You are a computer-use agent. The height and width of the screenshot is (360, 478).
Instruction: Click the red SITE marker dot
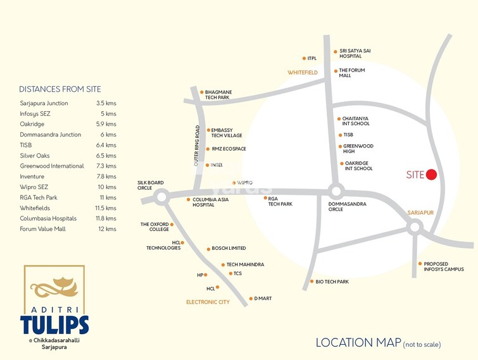(432, 175)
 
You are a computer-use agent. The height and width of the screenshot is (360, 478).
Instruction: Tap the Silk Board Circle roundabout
(161, 197)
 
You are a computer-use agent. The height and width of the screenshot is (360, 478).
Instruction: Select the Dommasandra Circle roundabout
(335, 190)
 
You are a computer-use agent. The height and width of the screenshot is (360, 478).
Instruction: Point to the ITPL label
(311, 58)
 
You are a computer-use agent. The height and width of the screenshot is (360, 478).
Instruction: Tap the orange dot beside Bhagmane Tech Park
(202, 92)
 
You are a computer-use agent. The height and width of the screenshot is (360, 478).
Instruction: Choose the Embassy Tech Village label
(226, 133)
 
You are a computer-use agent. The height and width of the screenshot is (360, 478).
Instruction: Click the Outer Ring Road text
(197, 146)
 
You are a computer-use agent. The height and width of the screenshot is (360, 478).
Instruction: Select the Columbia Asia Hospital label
(208, 202)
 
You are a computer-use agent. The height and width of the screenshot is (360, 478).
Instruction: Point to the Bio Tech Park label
(332, 282)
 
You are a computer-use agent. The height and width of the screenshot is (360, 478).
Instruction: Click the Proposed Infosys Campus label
(443, 266)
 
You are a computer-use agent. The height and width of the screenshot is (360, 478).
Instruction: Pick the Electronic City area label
(208, 302)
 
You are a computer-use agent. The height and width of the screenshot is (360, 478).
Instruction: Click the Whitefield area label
(302, 73)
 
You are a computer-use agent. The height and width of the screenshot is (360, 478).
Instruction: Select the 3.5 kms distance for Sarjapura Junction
(106, 103)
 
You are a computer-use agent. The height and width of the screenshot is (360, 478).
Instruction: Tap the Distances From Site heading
(60, 89)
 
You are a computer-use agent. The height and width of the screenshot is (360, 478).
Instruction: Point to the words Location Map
(358, 342)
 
